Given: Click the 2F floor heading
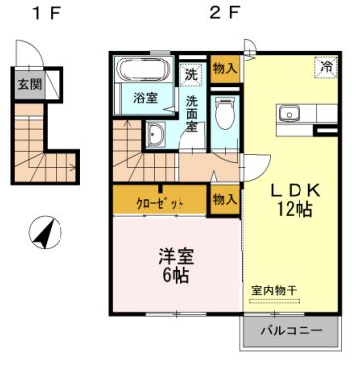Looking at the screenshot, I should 227,14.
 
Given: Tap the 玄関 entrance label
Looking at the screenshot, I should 28,84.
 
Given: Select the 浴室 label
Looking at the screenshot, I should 147,97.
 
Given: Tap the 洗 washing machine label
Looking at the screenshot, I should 192,72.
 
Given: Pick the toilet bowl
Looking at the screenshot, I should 225,112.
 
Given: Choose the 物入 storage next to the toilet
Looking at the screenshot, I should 225,68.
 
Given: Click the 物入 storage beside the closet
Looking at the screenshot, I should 225,199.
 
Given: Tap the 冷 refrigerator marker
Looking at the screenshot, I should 324,68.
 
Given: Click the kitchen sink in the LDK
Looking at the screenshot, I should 289,112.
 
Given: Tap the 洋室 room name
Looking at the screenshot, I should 176,255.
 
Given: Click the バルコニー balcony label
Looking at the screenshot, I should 291,332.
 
